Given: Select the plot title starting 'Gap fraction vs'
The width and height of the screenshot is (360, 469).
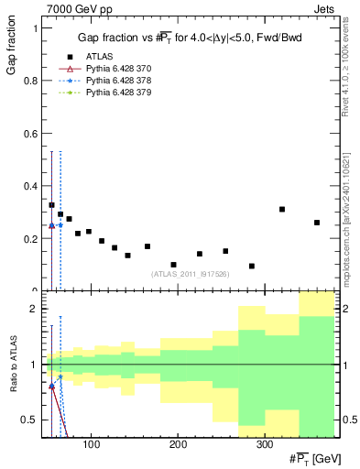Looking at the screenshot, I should tap(190, 38).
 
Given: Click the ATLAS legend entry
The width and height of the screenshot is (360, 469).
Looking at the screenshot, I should tap(100, 55).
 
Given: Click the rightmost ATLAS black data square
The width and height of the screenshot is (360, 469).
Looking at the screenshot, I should tap(317, 223).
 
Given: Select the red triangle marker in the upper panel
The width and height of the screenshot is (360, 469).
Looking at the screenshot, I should tap(51, 225).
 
